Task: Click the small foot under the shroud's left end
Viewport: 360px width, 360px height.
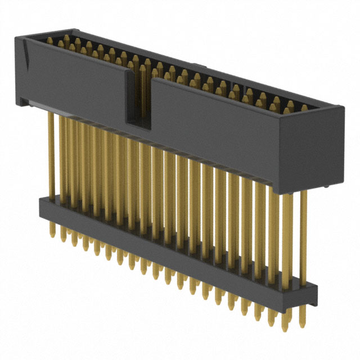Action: click(x=22, y=102)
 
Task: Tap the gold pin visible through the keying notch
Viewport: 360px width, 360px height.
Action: click(x=142, y=90)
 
